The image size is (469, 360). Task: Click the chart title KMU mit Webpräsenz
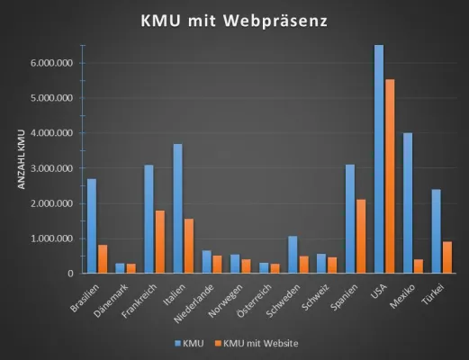pyautogui.click(x=234, y=19)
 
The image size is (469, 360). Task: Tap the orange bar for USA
pyautogui.click(x=389, y=176)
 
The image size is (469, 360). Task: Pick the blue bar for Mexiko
pyautogui.click(x=408, y=203)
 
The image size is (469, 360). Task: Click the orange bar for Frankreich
pyautogui.click(x=158, y=242)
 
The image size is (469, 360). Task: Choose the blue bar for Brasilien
pyautogui.click(x=92, y=226)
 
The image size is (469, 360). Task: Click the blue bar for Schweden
pyautogui.click(x=293, y=255)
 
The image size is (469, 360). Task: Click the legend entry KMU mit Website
pyautogui.click(x=261, y=343)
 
